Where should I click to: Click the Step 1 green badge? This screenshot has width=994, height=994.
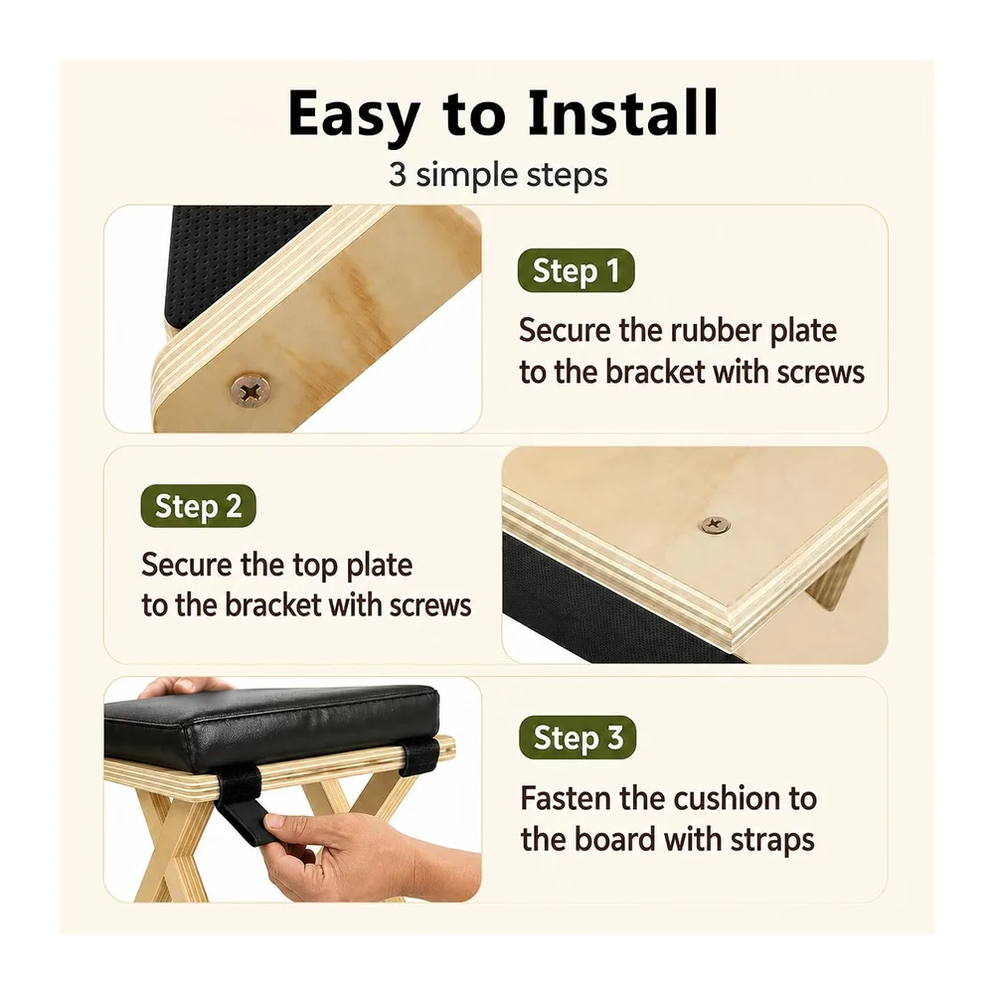tap(576, 270)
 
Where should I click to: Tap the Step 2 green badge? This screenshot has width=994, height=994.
tap(198, 506)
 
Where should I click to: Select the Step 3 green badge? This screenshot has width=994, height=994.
tap(577, 738)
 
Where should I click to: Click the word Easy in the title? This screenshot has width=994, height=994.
tap(354, 114)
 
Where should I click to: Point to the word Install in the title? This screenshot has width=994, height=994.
tap(623, 113)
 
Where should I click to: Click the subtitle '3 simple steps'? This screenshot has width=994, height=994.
tap(498, 175)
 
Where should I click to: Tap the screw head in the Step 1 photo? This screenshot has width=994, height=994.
tap(250, 391)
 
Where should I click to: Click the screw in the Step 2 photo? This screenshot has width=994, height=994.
tap(715, 524)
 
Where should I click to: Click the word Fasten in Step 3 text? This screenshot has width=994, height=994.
tap(567, 799)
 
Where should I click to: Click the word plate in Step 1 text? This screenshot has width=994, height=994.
tap(803, 332)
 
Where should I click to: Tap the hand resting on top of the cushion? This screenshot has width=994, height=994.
tap(184, 686)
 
